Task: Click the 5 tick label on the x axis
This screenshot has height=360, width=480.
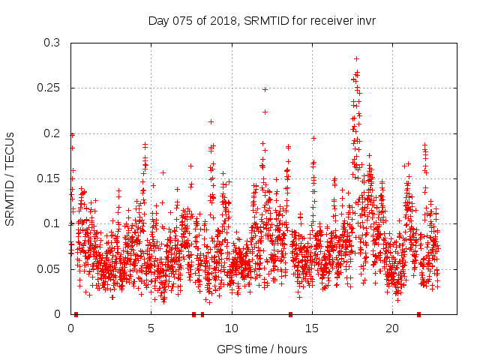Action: click(151, 328)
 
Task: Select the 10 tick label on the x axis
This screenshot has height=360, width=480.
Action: click(232, 328)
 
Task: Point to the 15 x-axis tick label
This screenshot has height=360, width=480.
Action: click(312, 328)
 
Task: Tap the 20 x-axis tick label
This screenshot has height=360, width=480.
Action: click(392, 328)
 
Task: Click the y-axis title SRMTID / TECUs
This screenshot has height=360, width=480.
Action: click(10, 178)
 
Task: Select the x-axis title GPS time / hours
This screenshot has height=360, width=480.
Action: click(262, 349)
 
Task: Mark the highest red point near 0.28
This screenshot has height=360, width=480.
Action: click(357, 58)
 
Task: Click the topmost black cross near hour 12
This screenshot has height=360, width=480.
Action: click(265, 89)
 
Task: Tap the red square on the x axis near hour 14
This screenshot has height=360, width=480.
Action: click(290, 314)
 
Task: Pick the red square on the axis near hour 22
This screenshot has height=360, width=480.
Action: click(418, 314)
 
